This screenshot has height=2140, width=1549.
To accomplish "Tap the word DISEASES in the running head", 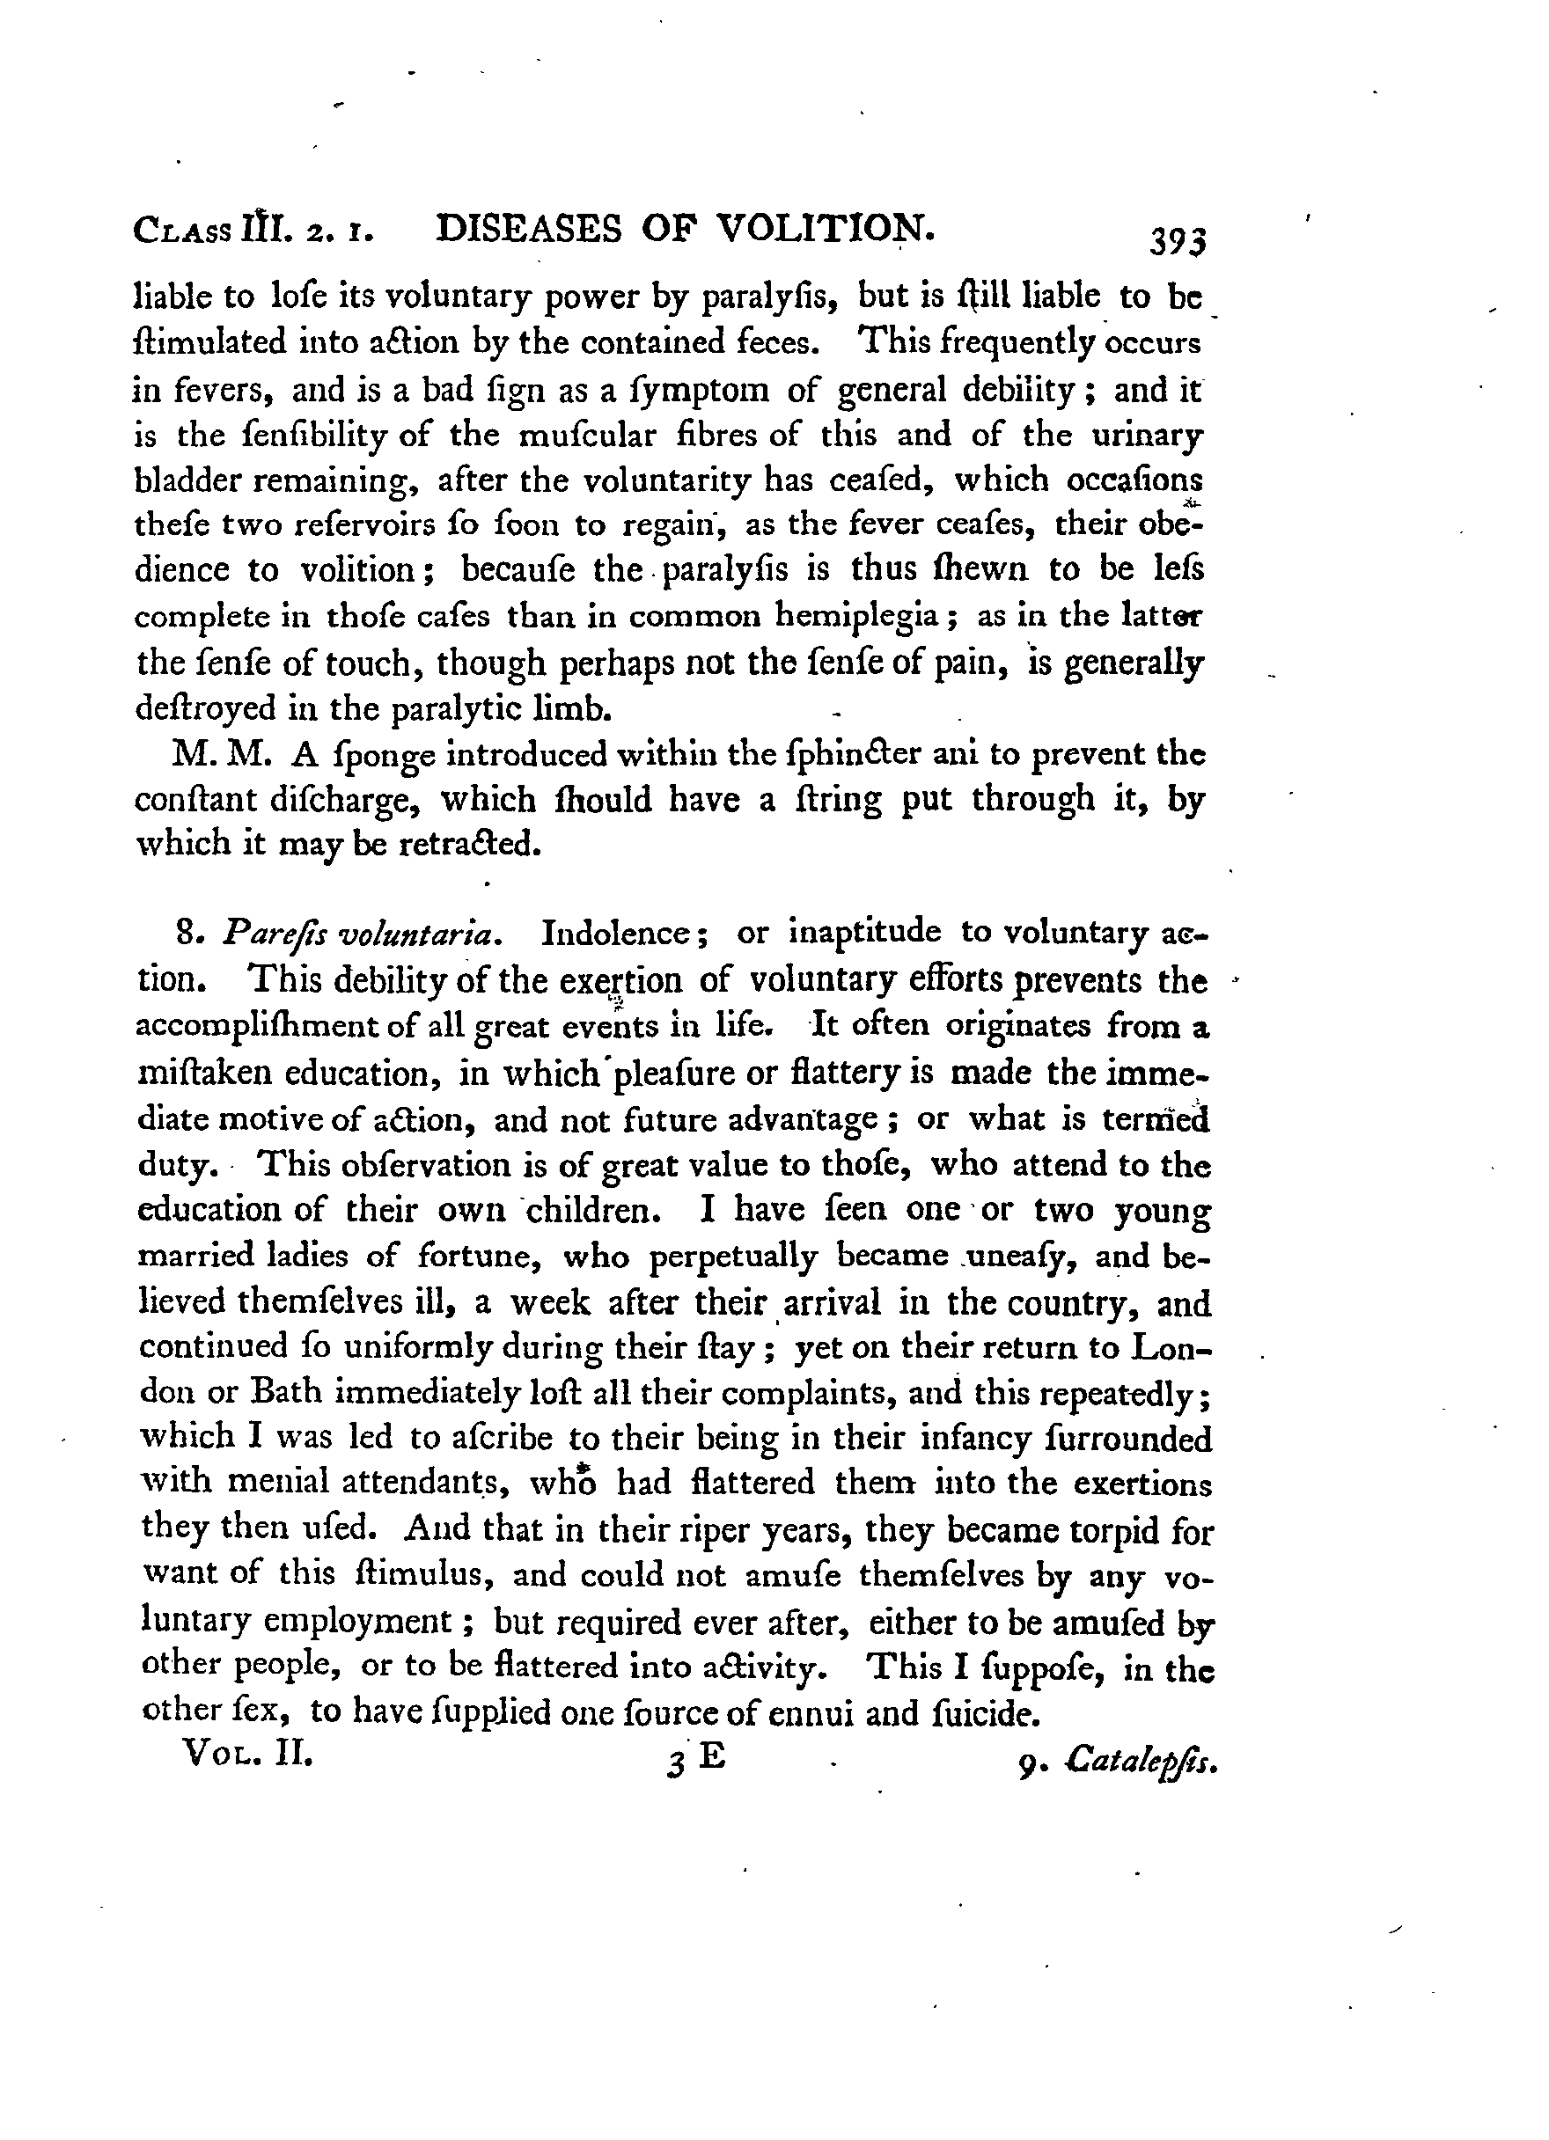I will point(530,230).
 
